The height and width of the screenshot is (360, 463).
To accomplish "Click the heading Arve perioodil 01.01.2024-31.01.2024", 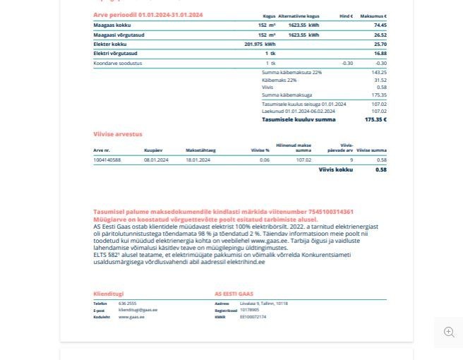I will point(148,15).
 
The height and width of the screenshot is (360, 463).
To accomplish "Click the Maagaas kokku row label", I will point(112,25).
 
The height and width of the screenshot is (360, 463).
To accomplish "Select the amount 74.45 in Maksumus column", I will point(380,25).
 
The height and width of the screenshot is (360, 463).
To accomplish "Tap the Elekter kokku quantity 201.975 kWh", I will point(260,44).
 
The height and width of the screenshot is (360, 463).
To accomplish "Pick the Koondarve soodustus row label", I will point(118,64).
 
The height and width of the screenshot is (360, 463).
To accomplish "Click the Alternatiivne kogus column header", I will point(299,16).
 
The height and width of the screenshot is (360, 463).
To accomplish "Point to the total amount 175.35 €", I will point(375,120).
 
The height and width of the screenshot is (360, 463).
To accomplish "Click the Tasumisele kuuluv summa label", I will point(299,120).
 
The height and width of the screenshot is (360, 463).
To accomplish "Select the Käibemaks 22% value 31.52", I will point(380,80).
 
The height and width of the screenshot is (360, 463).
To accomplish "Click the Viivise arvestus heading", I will point(118,134).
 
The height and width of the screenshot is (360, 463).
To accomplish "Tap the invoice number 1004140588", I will point(107,160).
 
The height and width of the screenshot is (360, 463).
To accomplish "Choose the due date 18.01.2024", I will point(198,160).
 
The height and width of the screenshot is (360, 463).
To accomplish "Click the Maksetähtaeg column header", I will point(200,150).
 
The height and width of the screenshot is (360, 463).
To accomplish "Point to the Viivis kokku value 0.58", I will point(381,170).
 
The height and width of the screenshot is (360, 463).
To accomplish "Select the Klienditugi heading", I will point(109,294).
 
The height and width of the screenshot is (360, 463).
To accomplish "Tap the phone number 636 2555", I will point(128,304).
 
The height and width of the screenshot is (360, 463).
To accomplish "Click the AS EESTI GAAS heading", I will point(234,294).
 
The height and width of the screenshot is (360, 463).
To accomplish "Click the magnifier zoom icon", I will point(449,332).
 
